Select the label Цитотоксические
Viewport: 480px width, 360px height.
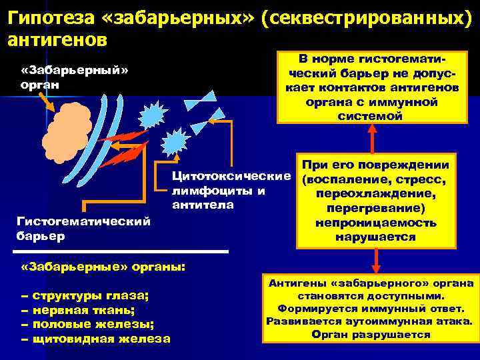[231, 178]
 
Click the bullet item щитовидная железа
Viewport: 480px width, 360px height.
[100, 339]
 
